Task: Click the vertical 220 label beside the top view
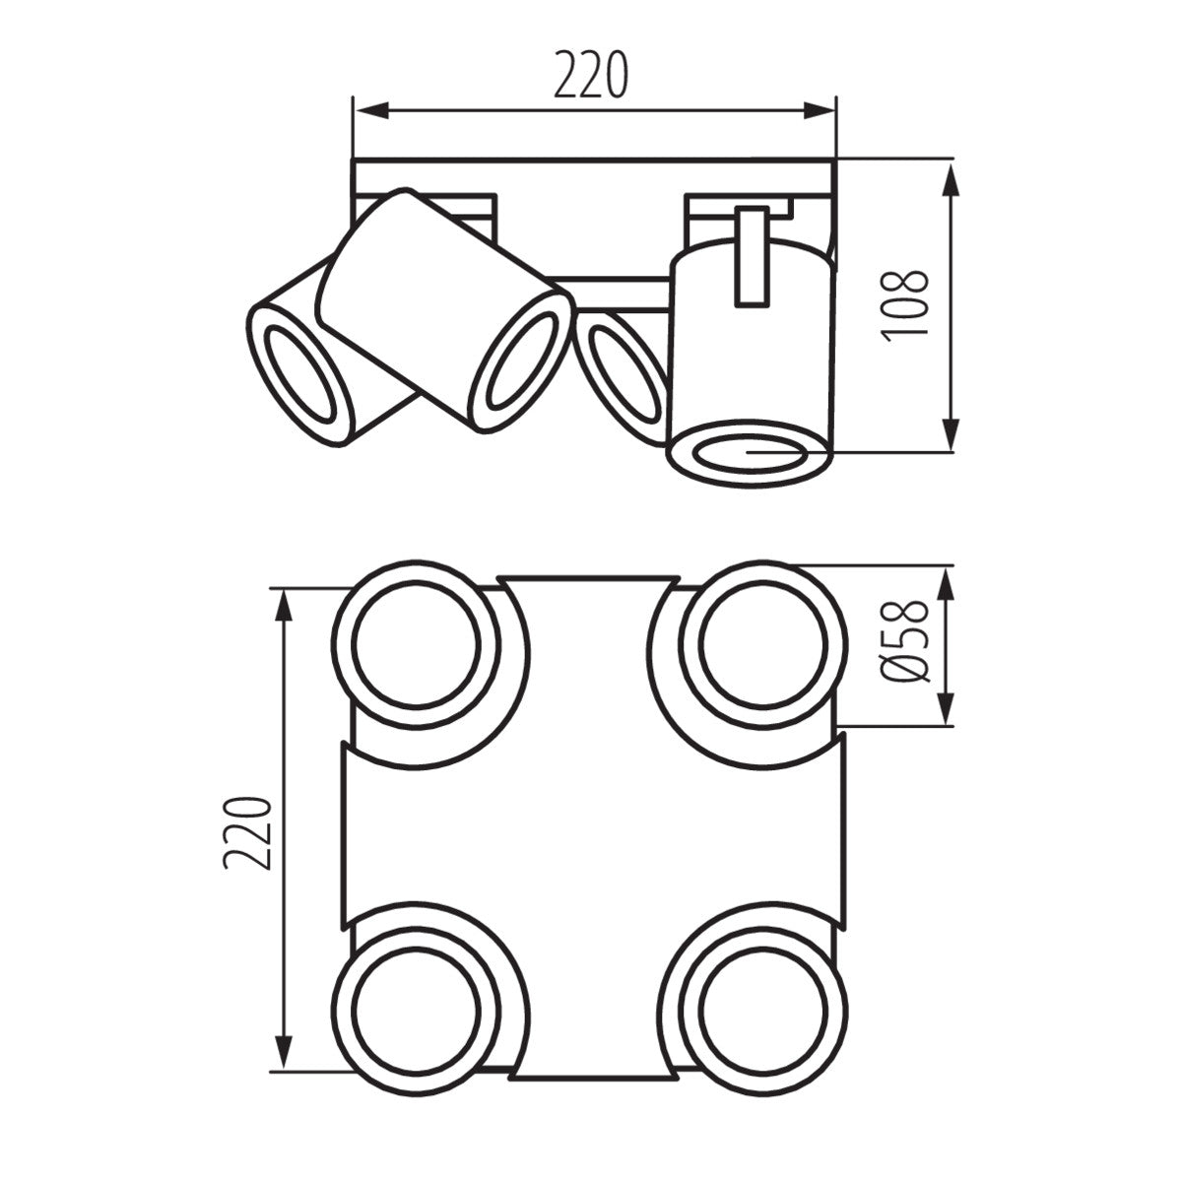coord(246,832)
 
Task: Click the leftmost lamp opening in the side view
coord(301,375)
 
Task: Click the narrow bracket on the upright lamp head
coord(752,256)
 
